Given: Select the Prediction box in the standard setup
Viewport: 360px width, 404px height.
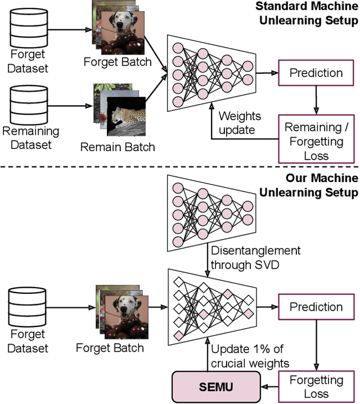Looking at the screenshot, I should pos(316,73).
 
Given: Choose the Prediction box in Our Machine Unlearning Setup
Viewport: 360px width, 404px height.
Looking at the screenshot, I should pos(316,307).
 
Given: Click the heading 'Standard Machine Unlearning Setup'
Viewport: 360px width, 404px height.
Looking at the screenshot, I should pos(307,14).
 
